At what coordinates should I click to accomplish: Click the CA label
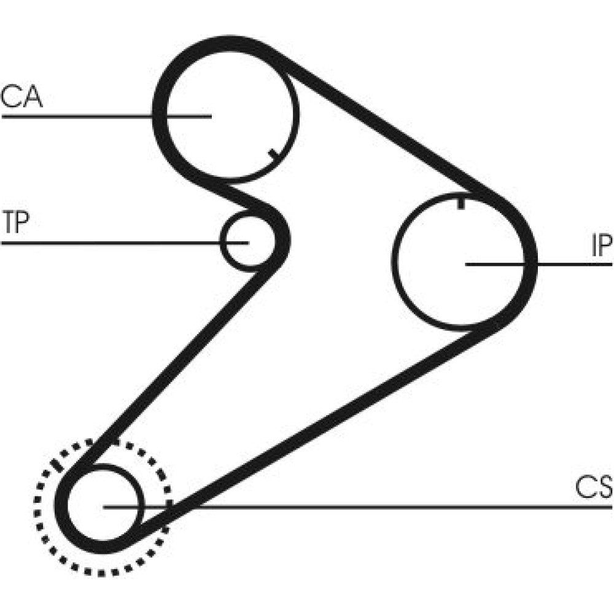[x=22, y=98]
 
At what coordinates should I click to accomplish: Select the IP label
[x=601, y=246]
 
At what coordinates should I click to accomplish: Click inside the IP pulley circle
[x=442, y=289]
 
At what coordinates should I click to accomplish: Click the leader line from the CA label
[x=92, y=116]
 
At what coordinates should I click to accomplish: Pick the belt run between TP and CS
[x=178, y=362]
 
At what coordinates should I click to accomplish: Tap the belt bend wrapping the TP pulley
[x=279, y=233]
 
